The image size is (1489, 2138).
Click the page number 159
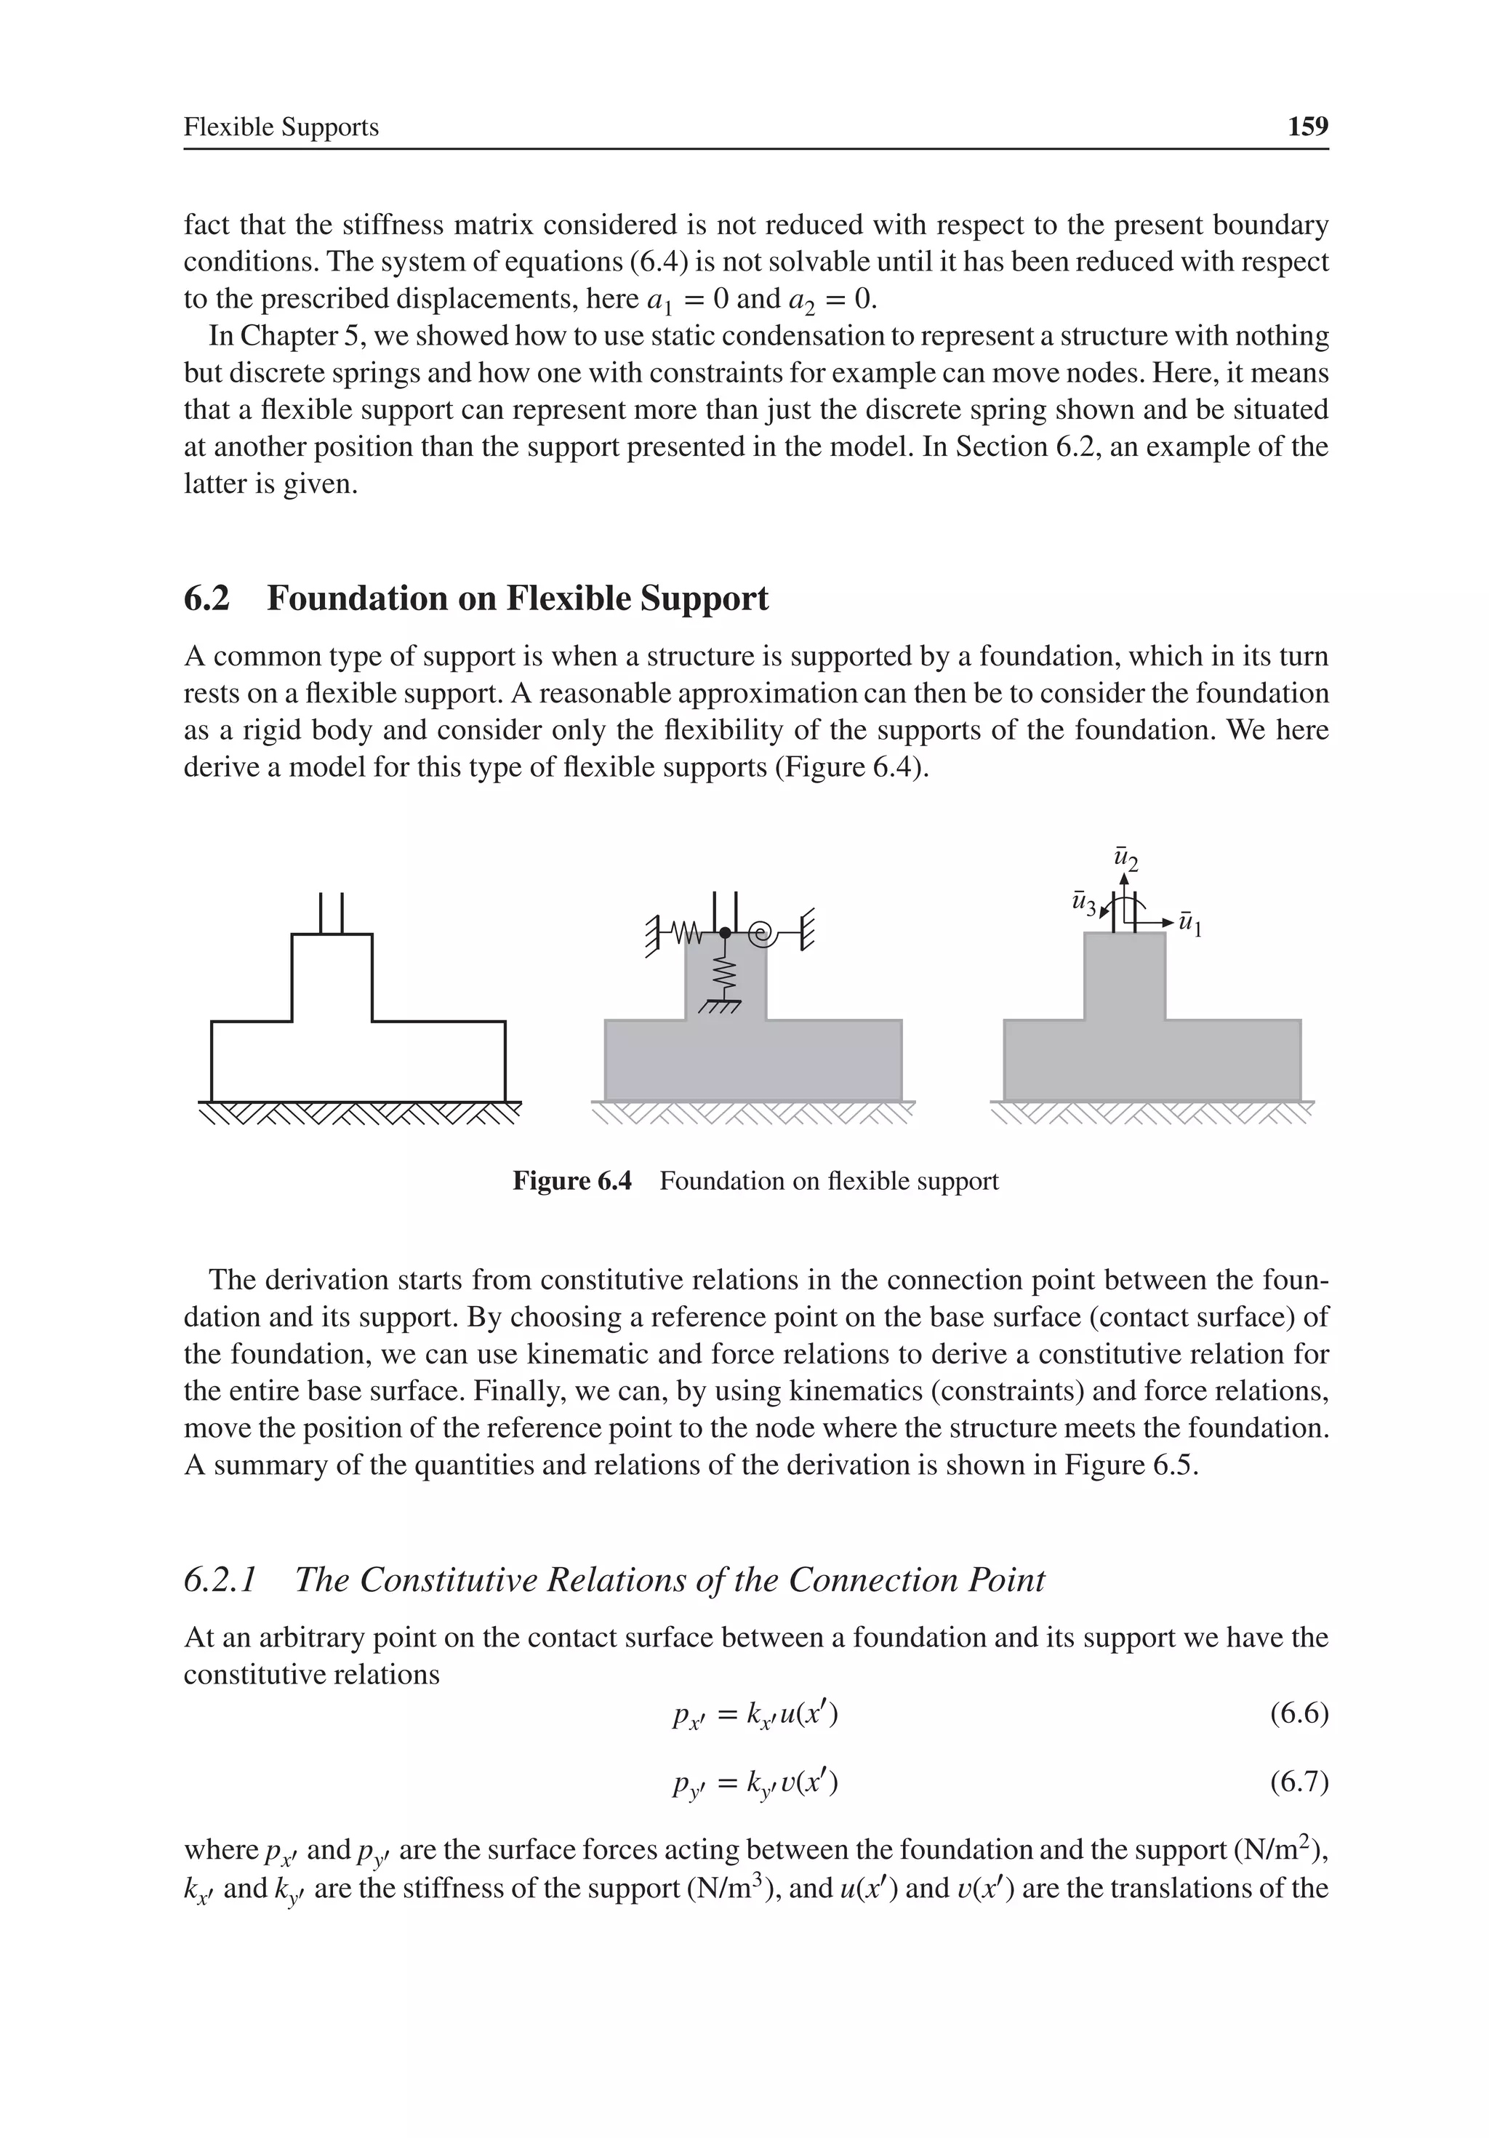pos(1307,127)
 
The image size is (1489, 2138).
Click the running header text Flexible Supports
pos(281,127)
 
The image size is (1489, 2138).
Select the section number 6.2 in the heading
pos(206,598)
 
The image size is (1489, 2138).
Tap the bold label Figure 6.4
pos(571,1182)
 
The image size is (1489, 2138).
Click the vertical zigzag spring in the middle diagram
pos(726,973)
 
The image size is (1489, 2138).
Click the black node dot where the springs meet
pos(726,932)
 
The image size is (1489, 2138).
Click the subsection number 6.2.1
pos(221,1580)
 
